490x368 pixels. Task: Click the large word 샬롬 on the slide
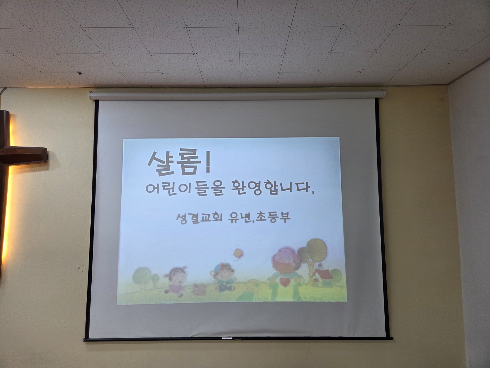(173, 162)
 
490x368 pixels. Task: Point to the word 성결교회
(198, 218)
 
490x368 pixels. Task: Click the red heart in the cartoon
(285, 282)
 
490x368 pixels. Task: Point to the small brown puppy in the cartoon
(199, 289)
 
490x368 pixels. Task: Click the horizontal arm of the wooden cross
(23, 154)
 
